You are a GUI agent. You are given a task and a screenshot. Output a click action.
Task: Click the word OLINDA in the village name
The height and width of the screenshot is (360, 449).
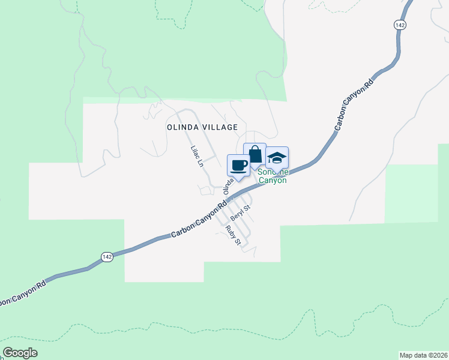pos(182,127)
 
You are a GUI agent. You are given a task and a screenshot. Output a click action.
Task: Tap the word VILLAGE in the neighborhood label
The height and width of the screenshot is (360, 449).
pos(221,127)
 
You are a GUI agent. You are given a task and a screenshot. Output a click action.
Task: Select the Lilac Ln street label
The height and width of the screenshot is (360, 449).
pos(196,156)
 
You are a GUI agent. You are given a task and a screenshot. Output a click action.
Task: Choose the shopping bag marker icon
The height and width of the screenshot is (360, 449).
pos(255,154)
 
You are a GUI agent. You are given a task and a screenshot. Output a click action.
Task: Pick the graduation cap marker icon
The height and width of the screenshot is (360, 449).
pos(277,158)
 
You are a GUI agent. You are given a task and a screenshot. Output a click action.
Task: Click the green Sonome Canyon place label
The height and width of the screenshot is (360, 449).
pos(273,176)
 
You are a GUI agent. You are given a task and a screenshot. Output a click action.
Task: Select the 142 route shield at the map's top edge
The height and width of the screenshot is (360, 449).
pos(400,25)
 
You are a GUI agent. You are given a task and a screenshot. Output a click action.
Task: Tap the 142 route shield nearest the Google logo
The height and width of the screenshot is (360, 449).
pos(107,256)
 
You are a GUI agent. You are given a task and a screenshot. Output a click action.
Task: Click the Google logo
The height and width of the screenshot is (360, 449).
pos(20,353)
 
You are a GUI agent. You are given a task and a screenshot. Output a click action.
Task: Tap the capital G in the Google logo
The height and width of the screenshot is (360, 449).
pos(8,353)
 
